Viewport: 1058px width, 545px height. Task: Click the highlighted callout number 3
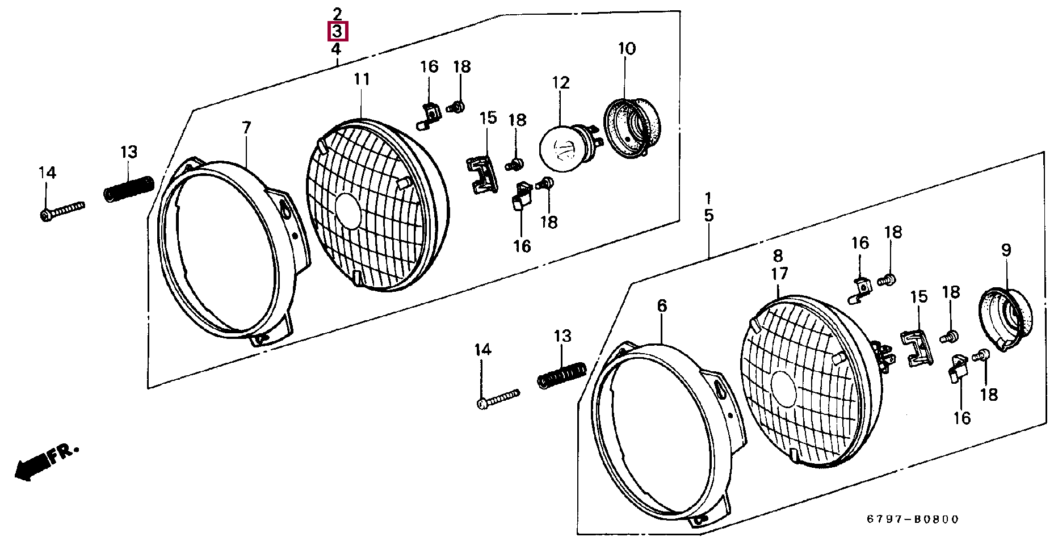337,31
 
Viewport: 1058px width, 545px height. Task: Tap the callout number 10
627,49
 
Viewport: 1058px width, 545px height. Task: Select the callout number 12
560,83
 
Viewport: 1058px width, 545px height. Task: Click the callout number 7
246,128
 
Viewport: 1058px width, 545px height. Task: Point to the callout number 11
362,79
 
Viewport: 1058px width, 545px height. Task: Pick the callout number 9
1006,250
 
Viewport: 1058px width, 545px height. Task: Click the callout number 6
662,307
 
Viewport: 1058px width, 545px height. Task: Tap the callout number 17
779,274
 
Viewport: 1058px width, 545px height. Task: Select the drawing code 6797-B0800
912,519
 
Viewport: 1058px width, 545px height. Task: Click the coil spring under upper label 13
128,188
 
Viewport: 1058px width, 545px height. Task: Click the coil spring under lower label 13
561,375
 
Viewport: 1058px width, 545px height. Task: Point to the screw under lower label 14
498,399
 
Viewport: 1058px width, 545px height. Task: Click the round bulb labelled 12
561,149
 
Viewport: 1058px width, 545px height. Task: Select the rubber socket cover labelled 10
632,128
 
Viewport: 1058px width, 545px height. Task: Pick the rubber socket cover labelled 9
1007,318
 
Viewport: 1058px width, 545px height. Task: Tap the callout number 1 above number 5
708,199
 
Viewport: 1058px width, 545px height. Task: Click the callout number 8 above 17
778,255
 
